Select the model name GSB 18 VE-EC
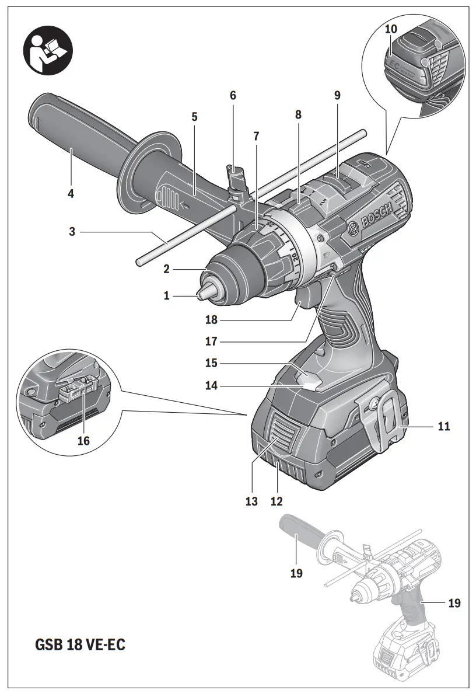tap(80, 645)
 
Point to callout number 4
tap(71, 193)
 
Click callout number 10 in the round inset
tap(390, 29)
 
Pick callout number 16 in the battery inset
tap(83, 440)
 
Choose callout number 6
tap(233, 95)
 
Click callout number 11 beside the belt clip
tap(443, 427)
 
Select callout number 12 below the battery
tap(276, 501)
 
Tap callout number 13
tap(251, 501)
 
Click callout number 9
tap(337, 95)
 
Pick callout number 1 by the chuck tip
tap(167, 296)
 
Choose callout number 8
tap(298, 115)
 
